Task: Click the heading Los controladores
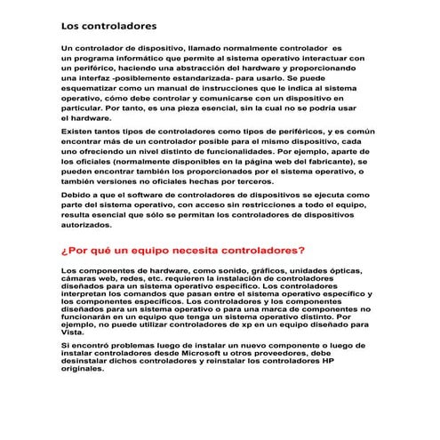pos(109,26)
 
